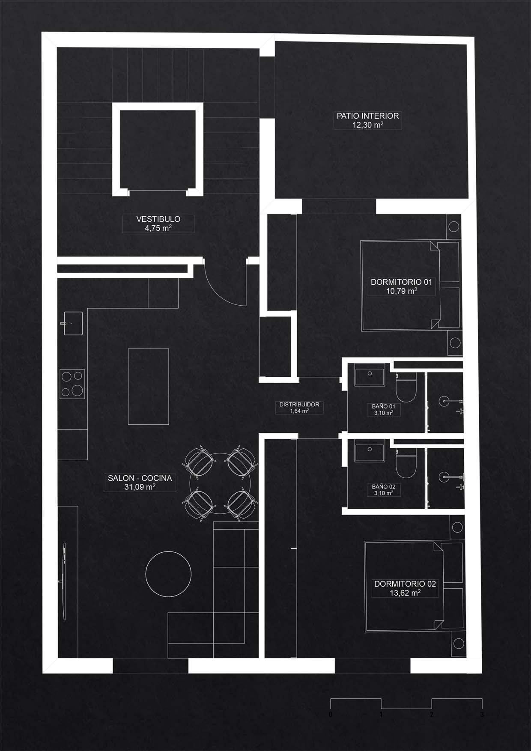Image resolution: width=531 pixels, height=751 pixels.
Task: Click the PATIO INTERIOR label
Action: [x=368, y=116]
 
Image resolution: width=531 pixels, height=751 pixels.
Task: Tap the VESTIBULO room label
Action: [x=158, y=219]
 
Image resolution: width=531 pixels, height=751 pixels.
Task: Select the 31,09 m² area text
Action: [x=140, y=487]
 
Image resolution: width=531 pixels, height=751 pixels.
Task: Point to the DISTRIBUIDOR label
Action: [x=299, y=404]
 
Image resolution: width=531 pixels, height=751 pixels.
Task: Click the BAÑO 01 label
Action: [x=383, y=406]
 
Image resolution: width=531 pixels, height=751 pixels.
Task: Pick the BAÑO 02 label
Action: [x=383, y=487]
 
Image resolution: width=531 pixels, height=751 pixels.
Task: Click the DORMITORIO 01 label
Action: [x=401, y=282]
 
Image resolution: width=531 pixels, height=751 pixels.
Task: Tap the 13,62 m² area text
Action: [x=405, y=593]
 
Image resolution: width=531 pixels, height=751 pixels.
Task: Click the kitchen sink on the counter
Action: [x=72, y=323]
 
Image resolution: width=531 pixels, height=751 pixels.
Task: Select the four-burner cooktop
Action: [x=72, y=384]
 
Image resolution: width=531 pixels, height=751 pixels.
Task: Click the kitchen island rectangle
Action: [x=149, y=386]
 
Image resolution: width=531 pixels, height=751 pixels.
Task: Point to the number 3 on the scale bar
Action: [x=482, y=715]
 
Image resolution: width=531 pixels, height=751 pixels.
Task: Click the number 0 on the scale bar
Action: [x=331, y=715]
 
